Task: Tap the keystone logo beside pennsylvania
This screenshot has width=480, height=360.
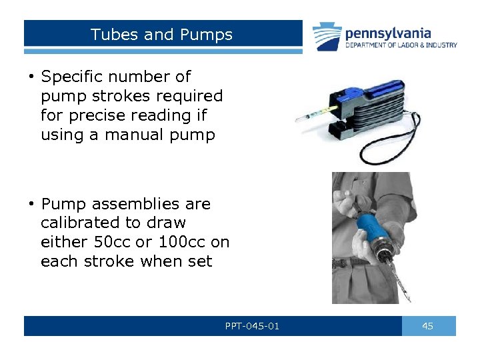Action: (327, 36)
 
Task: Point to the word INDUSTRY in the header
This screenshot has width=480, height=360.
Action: (441, 45)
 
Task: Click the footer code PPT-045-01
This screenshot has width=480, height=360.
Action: (253, 326)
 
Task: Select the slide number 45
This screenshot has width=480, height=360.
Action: (428, 326)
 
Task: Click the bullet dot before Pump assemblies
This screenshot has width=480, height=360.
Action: (31, 204)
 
